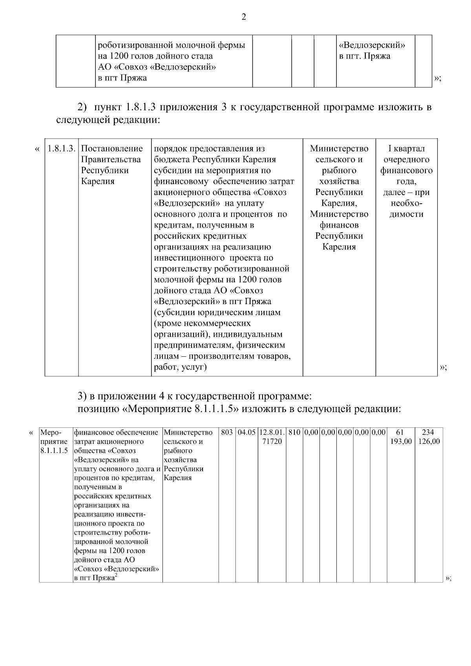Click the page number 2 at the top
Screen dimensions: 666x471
243,17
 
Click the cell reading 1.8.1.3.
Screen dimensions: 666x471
61,149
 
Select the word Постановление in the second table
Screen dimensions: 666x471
112,149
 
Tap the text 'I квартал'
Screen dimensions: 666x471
406,149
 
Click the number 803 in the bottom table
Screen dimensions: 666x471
227,432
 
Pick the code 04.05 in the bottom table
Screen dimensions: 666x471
246,432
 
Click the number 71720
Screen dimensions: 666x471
272,442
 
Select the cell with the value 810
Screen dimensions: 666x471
294,432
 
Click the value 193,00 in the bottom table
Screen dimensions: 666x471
401,442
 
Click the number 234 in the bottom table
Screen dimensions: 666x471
428,432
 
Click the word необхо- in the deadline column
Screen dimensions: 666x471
406,203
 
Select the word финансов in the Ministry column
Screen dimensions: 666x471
339,225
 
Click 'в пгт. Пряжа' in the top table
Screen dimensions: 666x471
365,56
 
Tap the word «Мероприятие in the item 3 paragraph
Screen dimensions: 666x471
157,409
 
